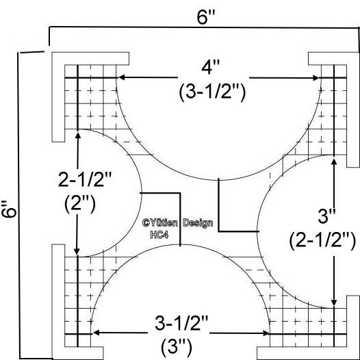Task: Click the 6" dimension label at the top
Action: (206, 17)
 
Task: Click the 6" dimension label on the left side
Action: (9, 209)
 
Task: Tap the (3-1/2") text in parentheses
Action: (212, 92)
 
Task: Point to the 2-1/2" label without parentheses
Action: (85, 179)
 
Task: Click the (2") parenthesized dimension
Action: (80, 204)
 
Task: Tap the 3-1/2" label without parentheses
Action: (181, 323)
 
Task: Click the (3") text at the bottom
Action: (177, 348)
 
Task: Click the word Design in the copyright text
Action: (198, 223)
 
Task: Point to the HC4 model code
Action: (159, 235)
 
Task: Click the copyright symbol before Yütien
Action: (146, 222)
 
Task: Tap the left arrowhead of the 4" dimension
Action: (122, 77)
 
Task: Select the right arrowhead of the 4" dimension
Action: (316, 78)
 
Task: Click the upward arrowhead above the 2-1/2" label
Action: (78, 136)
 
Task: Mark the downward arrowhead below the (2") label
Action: (77, 251)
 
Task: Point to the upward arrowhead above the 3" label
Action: (334, 162)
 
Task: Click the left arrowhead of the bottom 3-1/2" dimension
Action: (96, 333)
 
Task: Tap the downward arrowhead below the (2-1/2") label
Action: (334, 303)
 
